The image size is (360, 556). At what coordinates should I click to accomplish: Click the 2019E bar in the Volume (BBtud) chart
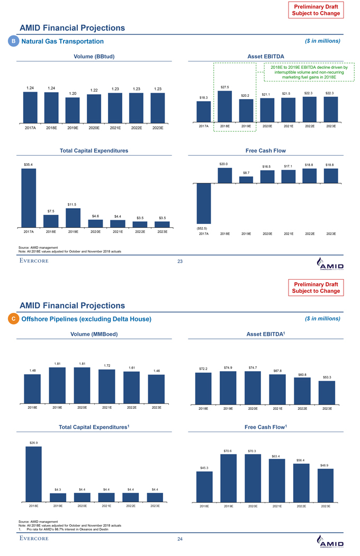coord(73,110)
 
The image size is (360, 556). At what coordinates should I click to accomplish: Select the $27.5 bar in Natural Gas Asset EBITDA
coord(224,106)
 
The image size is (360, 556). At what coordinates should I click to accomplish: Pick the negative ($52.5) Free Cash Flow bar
coord(203,203)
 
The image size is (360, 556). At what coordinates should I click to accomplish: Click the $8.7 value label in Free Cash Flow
coord(246,173)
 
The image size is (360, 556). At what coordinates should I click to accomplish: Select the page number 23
coord(180,261)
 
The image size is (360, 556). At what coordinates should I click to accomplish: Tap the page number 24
coord(180,539)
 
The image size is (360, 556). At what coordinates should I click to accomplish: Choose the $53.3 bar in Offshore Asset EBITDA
coord(327,392)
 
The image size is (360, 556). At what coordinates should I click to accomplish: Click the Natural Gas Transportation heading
coord(61,41)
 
